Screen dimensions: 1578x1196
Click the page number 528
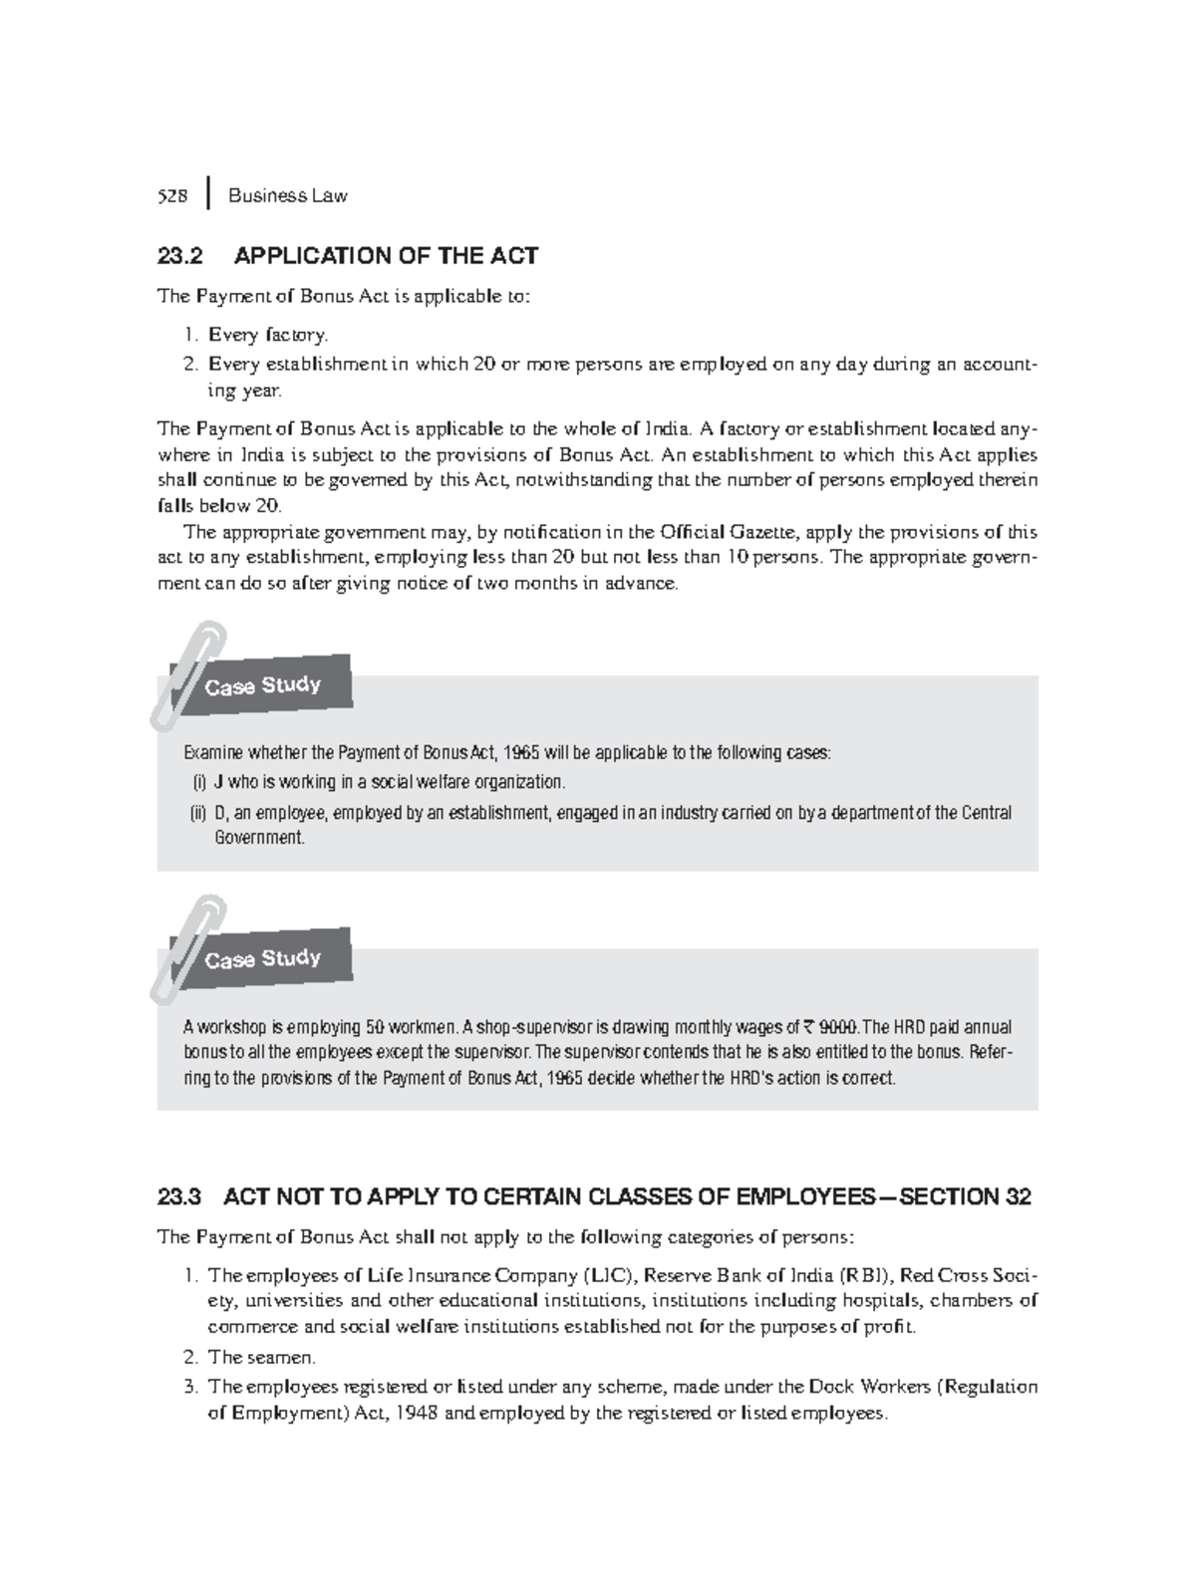pos(172,196)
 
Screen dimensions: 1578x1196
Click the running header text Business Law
pos(287,196)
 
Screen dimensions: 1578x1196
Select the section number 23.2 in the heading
pos(179,256)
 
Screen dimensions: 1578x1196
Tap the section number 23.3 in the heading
pos(179,1196)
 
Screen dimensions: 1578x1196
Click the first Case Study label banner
pos(263,685)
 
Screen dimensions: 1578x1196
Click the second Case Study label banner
pos(263,958)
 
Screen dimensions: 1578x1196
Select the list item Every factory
pos(267,335)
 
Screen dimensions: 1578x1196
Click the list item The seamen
pos(261,1357)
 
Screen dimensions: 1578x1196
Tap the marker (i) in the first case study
pos(198,783)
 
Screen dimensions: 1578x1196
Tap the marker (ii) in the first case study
pos(199,813)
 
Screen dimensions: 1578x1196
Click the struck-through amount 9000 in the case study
pos(837,1028)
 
